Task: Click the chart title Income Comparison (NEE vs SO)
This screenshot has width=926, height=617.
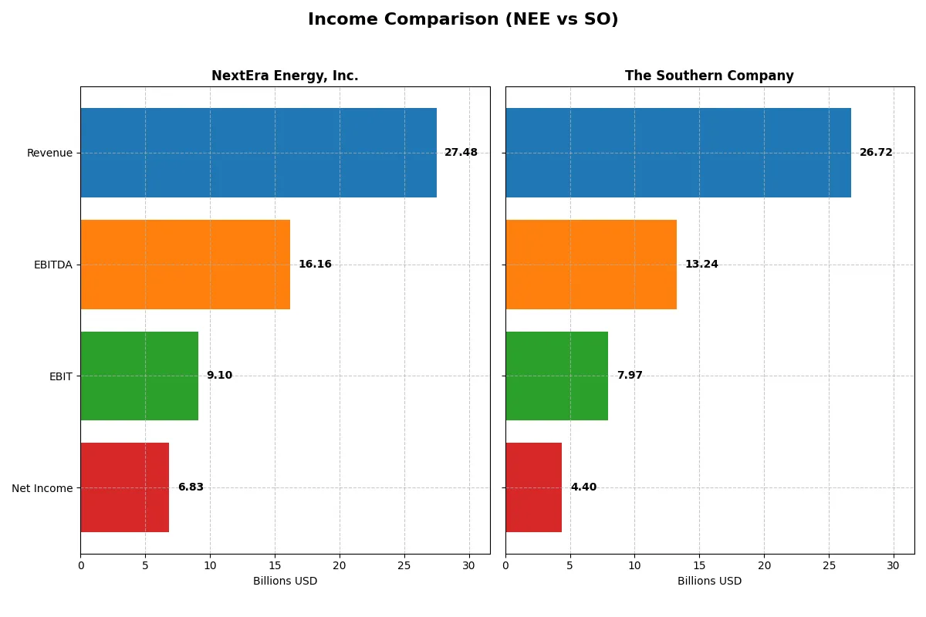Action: [x=463, y=19]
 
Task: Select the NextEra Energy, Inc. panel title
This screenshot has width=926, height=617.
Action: [x=285, y=76]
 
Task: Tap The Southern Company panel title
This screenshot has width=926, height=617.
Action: [x=709, y=76]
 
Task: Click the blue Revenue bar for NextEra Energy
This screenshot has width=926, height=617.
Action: [x=259, y=153]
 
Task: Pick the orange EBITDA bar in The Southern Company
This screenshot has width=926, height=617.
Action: [x=591, y=265]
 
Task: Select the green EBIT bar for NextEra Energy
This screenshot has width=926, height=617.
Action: [x=139, y=376]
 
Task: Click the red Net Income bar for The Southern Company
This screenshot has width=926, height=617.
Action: [x=533, y=487]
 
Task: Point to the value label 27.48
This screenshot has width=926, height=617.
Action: [x=461, y=153]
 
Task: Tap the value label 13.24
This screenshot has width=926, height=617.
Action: [x=701, y=265]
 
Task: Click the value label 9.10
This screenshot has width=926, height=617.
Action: [x=219, y=376]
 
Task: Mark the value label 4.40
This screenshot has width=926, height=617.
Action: [x=583, y=487]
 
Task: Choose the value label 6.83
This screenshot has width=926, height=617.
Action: [x=191, y=487]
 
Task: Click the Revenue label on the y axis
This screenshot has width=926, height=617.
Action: [x=49, y=153]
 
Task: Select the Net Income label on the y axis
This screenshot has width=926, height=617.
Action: [x=42, y=488]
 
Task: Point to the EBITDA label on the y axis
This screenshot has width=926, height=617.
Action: [x=53, y=265]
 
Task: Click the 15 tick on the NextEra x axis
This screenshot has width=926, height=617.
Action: [x=275, y=565]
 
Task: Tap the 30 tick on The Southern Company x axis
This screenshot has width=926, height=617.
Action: [x=894, y=565]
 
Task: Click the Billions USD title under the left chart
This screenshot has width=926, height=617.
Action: [x=285, y=581]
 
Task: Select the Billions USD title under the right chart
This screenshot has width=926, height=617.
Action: [x=709, y=581]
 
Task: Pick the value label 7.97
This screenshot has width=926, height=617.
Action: [x=630, y=376]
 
